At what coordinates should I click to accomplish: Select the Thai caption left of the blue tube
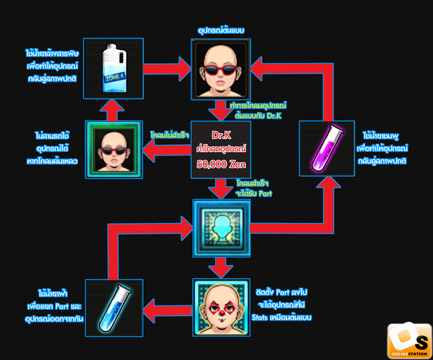tap(50, 304)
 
